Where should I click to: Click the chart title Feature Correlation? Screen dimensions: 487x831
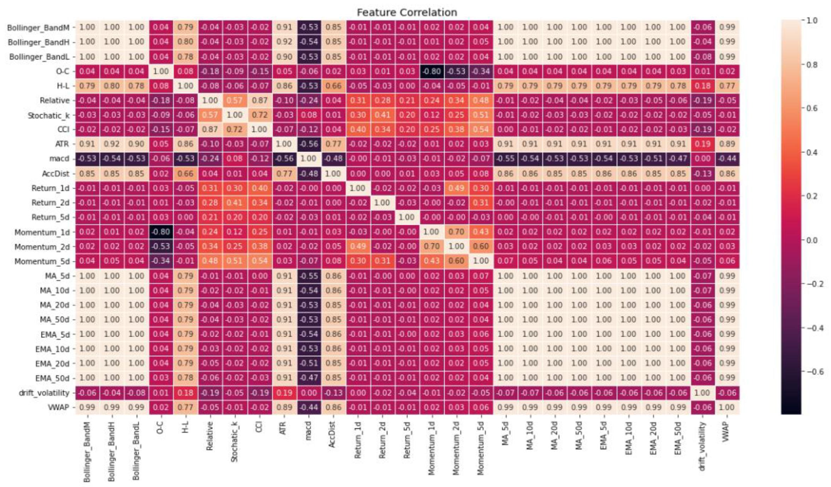407,12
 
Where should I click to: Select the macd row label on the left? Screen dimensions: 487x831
59,159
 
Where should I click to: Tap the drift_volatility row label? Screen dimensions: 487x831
44,393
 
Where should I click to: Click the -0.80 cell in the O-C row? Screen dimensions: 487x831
431,71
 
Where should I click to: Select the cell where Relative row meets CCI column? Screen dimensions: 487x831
259,100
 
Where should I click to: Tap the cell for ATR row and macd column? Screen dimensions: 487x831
309,144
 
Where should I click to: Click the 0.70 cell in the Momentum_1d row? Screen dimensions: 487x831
456,232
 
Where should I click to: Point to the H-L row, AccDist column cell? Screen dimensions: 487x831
333,86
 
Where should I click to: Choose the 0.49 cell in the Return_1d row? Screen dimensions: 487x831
456,188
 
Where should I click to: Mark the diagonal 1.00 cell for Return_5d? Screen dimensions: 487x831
407,217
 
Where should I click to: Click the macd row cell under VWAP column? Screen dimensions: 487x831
727,159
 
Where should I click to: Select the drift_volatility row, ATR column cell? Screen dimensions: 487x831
284,393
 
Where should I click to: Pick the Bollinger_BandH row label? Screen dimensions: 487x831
39,42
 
